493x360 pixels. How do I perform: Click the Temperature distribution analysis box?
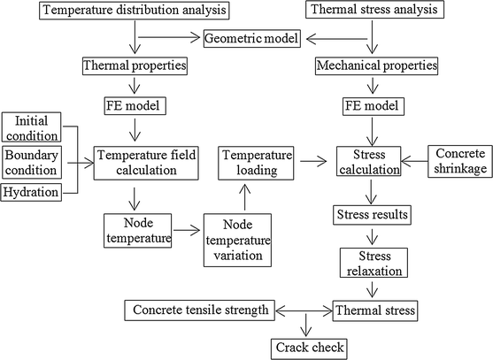pyautogui.click(x=132, y=11)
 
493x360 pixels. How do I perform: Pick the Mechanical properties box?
pyautogui.click(x=375, y=66)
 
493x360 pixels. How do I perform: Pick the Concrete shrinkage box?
pyautogui.click(x=459, y=160)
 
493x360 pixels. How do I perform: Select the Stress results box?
pyautogui.click(x=373, y=215)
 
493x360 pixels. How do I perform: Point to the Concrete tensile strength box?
pyautogui.click(x=201, y=310)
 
